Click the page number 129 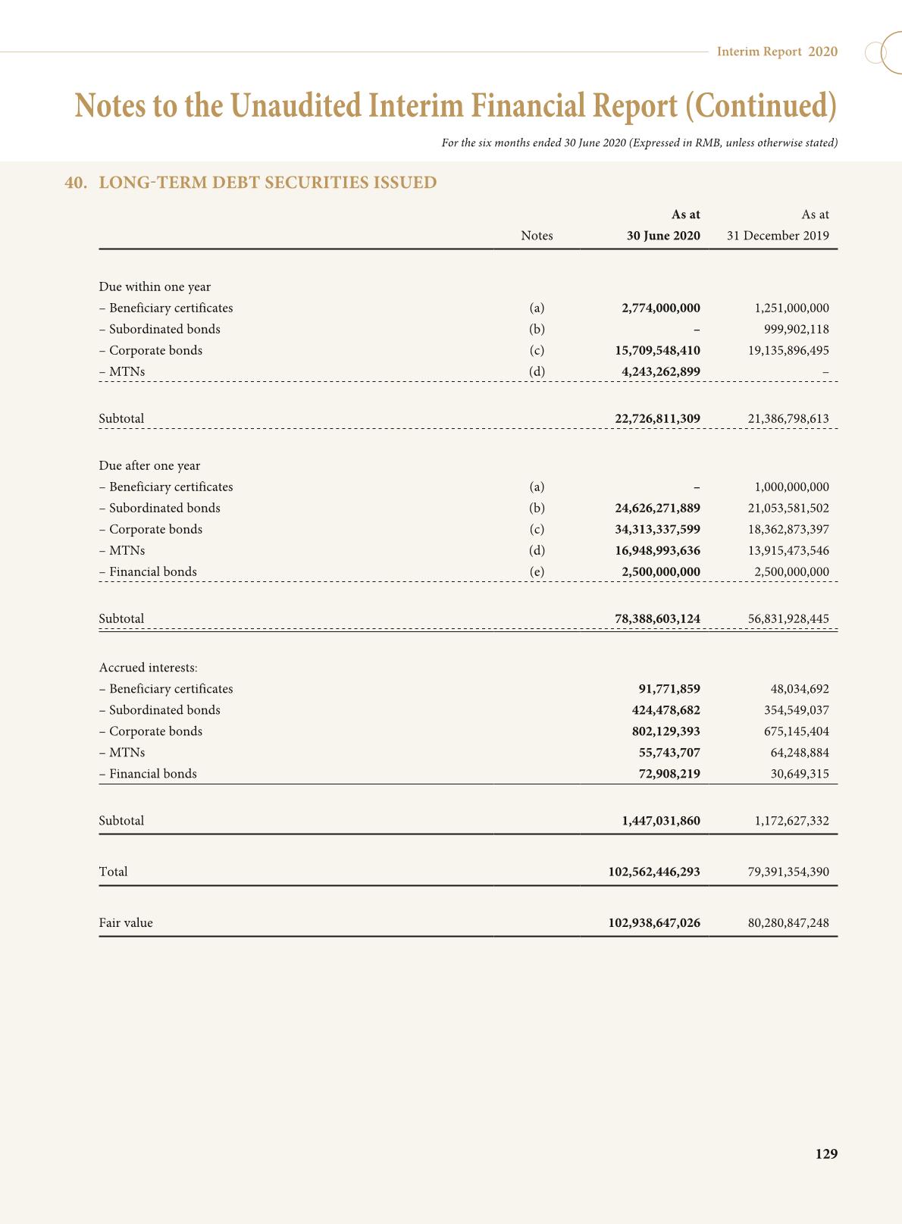click(826, 1154)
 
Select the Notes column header click(537, 236)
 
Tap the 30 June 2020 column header click(662, 236)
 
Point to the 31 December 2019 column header click(778, 236)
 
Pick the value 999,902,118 click(796, 330)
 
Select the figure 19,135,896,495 click(783, 351)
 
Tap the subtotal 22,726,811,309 click(657, 418)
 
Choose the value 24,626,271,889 click(657, 509)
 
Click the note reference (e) click(537, 572)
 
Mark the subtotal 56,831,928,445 click(788, 619)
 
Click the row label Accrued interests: click(149, 668)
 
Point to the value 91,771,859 click(669, 689)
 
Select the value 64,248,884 click(800, 753)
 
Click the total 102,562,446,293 click(654, 872)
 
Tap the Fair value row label click(126, 923)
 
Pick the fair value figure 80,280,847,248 click(788, 923)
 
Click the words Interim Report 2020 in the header click(777, 52)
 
